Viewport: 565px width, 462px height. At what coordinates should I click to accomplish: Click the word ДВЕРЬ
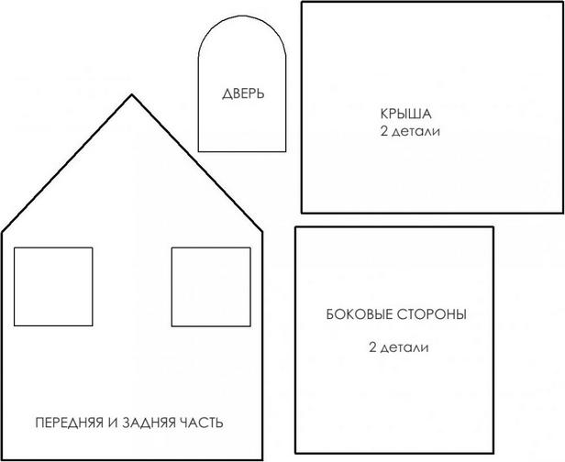point(243,94)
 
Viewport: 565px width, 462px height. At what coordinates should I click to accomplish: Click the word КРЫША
point(405,115)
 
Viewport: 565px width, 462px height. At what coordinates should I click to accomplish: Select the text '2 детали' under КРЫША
point(410,131)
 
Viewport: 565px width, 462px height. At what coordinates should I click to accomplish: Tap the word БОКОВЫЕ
point(360,314)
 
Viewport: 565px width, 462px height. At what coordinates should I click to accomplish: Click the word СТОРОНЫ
point(432,314)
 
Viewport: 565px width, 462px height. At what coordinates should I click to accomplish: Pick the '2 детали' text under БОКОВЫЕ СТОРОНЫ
point(399,347)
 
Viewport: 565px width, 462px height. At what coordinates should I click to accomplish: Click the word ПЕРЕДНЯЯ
point(70,423)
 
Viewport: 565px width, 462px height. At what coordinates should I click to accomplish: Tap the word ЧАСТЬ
point(202,423)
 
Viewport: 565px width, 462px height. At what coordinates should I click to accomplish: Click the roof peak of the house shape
point(132,94)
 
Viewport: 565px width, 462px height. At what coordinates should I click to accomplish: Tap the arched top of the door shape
point(242,16)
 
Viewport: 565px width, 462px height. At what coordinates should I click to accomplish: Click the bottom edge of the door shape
point(242,151)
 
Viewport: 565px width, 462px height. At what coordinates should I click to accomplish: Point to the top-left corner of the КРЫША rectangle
point(303,2)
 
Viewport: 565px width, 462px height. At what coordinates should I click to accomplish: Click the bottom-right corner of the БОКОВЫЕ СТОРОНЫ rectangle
point(493,453)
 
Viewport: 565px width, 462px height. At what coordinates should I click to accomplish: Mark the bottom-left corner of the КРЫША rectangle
point(303,213)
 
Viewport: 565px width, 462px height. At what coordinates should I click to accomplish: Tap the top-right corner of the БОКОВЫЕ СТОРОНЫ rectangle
point(493,227)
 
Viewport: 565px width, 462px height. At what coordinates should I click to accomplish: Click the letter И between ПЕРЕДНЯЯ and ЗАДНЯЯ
point(113,423)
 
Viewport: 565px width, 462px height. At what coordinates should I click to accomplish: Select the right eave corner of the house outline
point(262,231)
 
